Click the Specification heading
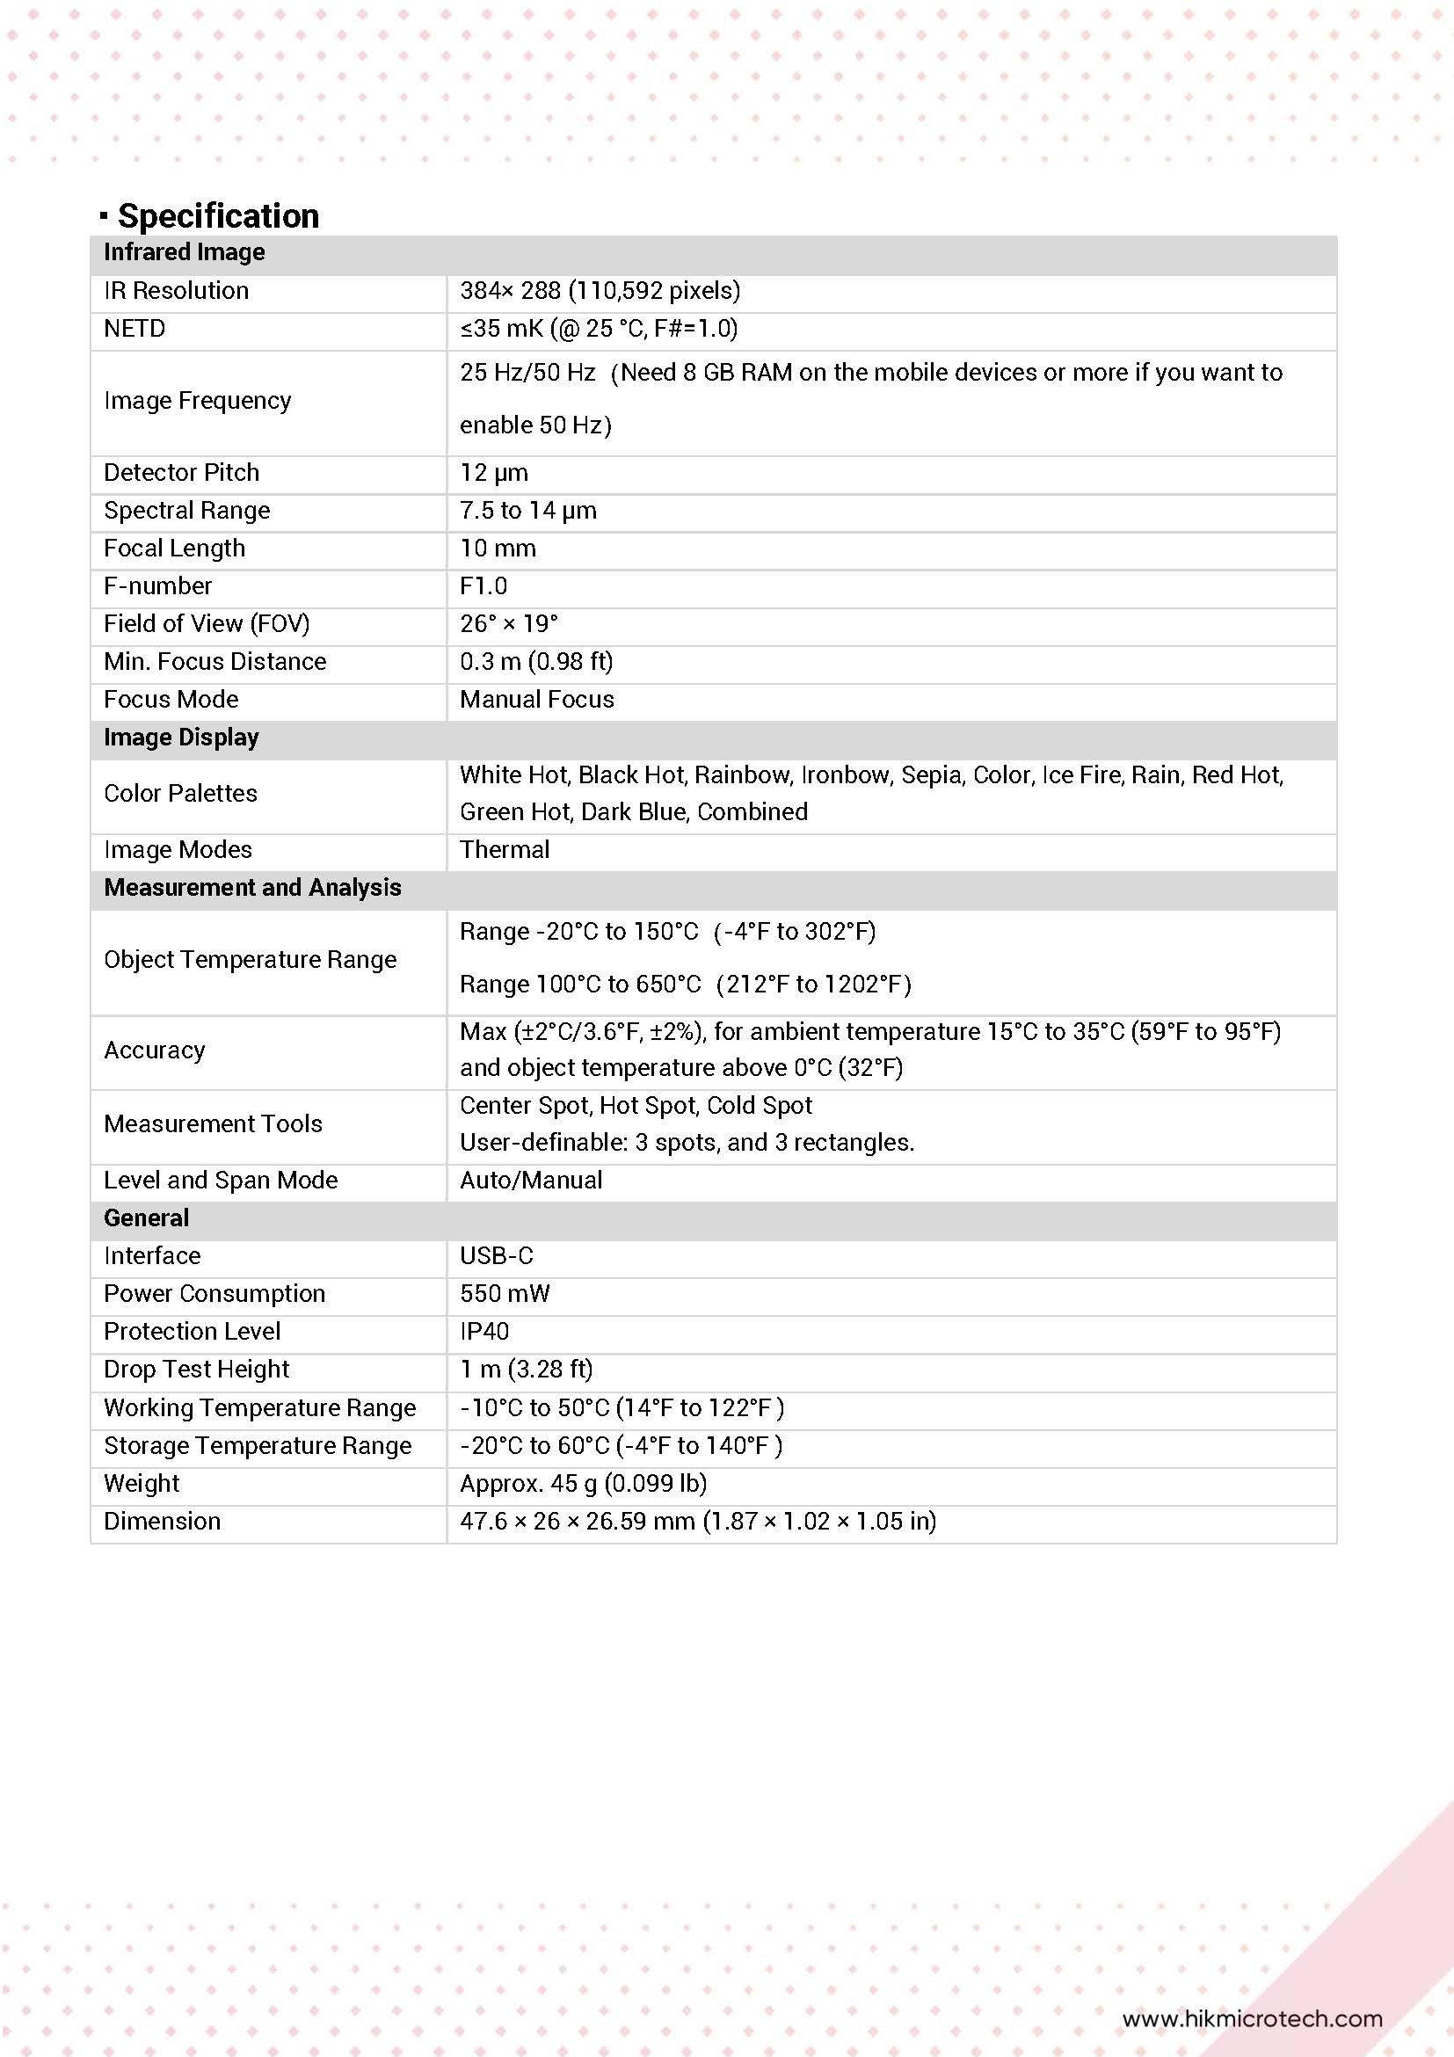pos(218,216)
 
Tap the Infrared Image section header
pos(184,252)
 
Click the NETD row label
pos(134,329)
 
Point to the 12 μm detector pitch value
pos(494,472)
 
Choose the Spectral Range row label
pos(186,511)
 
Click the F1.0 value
pos(483,586)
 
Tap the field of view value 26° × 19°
pos(508,623)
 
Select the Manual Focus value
pos(536,699)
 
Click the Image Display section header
pos(181,738)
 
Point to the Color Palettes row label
pos(180,793)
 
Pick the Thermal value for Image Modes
pos(505,849)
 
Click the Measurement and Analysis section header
pos(251,887)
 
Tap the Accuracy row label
pos(154,1050)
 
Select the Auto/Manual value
pos(530,1180)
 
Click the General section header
pos(146,1217)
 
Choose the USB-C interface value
pos(497,1256)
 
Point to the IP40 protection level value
pos(483,1331)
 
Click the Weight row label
pos(142,1484)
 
